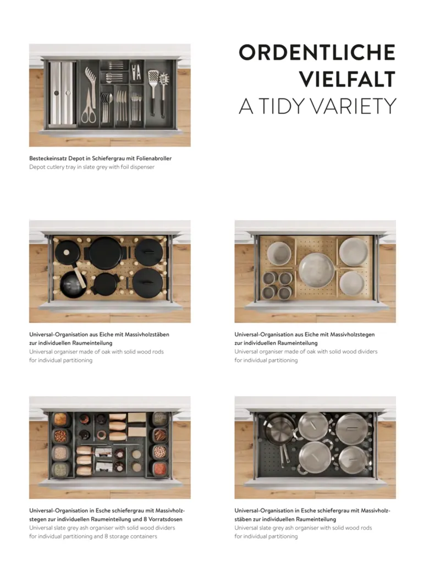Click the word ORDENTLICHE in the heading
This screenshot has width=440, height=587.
pos(317,52)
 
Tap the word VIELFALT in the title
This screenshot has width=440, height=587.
pos(347,79)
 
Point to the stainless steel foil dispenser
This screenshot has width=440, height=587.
pos(62,94)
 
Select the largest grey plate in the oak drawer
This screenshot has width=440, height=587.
pos(317,270)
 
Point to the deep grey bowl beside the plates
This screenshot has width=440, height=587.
pos(279,253)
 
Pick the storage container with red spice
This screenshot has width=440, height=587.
pos(159,468)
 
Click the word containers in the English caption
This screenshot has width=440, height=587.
pos(144,536)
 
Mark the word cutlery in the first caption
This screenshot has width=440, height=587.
pos(56,167)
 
